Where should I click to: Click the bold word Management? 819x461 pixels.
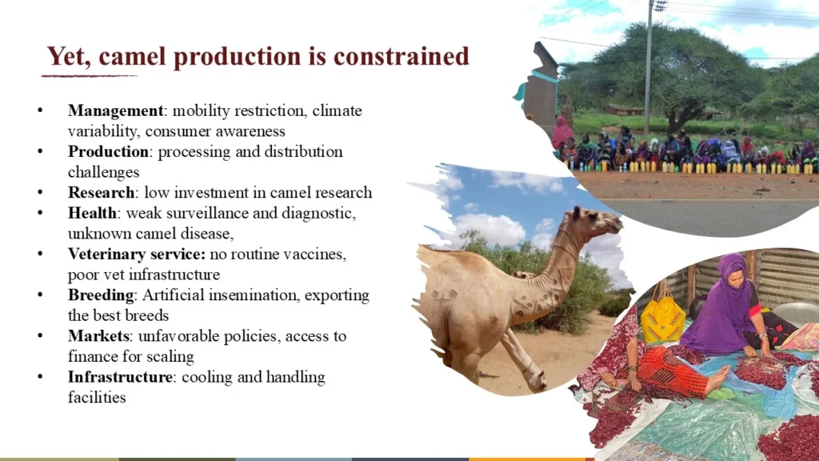tap(115, 110)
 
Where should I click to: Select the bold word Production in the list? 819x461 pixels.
tap(108, 151)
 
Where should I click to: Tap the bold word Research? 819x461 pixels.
tap(102, 192)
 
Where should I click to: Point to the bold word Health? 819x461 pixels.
tap(92, 213)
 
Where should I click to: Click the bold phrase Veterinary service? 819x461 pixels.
tap(136, 254)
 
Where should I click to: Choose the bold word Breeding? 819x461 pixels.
tap(101, 295)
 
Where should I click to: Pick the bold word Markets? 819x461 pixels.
tap(98, 336)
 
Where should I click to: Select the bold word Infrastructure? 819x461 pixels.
tap(120, 377)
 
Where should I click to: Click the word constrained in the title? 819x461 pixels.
tap(402, 57)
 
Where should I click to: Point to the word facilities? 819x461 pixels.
tap(97, 398)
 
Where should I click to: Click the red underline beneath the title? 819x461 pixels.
tap(90, 76)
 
